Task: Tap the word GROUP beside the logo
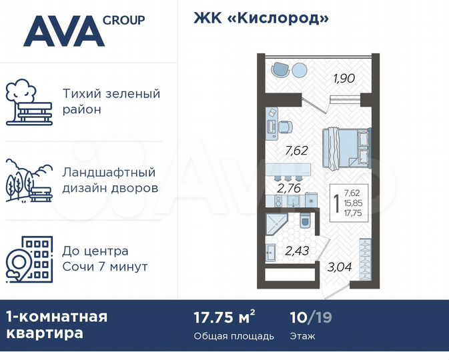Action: (123, 20)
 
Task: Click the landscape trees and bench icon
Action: (29, 179)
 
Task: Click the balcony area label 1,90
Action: (344, 79)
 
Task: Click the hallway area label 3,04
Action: (339, 269)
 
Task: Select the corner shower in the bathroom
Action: (274, 223)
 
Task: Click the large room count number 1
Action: (332, 201)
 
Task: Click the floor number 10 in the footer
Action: (298, 317)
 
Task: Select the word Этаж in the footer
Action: (304, 336)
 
